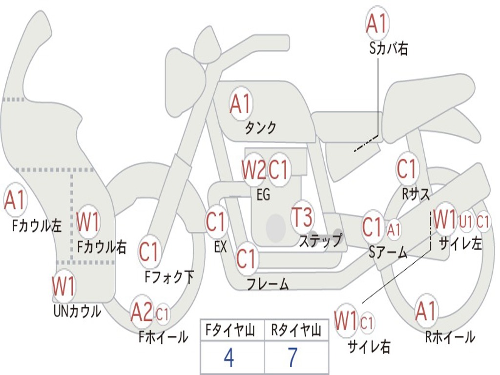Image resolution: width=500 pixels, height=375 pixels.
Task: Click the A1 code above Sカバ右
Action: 376,23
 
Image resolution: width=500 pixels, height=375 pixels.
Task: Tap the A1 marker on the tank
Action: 240,104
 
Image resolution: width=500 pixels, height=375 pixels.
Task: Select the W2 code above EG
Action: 254,170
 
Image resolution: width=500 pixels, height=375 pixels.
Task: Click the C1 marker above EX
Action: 216,222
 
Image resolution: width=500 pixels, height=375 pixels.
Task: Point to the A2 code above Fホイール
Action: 142,313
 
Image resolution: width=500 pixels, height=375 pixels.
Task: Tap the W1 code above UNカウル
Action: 64,286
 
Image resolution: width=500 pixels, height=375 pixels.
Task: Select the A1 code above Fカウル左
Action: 15,200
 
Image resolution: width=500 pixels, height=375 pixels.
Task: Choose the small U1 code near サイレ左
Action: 466,221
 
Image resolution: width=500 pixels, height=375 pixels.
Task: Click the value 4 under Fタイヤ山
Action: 229,358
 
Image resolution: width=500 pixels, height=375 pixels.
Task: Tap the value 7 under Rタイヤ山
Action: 292,358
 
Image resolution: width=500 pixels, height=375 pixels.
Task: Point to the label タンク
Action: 261,128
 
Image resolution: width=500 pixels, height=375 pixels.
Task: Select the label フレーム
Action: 268,284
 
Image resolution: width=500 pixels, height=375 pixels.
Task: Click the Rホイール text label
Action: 450,336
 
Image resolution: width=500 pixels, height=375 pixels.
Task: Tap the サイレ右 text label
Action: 369,346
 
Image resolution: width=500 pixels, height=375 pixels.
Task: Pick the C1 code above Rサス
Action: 407,169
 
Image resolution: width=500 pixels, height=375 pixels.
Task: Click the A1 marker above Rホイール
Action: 426,311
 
